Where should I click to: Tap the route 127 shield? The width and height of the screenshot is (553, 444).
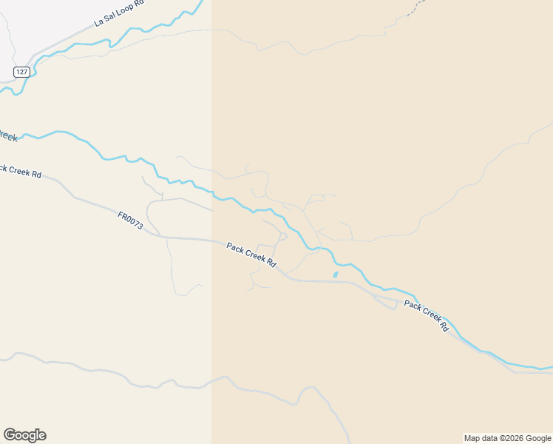[21, 72]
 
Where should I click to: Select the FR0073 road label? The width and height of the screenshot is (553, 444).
[129, 220]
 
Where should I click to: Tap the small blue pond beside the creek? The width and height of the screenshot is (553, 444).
[336, 275]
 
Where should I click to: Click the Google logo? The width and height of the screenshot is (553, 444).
[24, 435]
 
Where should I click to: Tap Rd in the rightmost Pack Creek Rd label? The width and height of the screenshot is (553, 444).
[444, 326]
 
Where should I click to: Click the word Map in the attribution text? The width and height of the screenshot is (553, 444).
[472, 438]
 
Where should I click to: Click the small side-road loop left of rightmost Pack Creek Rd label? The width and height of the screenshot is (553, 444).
[389, 301]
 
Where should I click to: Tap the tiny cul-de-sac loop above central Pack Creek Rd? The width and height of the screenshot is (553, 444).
[282, 237]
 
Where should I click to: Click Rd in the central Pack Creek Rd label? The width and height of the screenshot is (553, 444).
[271, 263]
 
